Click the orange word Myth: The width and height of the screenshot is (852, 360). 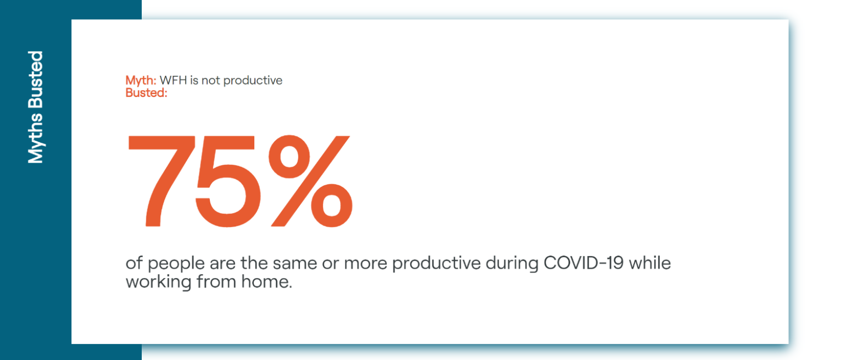pyautogui.click(x=141, y=81)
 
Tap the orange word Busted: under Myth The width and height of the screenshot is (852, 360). pyautogui.click(x=147, y=93)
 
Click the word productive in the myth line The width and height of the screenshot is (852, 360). pyautogui.click(x=253, y=81)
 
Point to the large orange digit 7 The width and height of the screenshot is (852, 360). pyautogui.click(x=162, y=181)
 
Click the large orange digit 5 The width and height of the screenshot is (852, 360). pyautogui.click(x=227, y=181)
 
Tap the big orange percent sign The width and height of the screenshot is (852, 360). pyautogui.click(x=311, y=181)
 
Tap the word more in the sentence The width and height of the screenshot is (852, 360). pyautogui.click(x=365, y=263)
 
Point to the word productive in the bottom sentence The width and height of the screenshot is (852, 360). pyautogui.click(x=436, y=264)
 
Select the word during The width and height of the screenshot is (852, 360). pyautogui.click(x=512, y=264)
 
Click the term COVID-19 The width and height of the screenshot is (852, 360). pyautogui.click(x=583, y=263)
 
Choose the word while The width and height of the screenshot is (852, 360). pyautogui.click(x=650, y=263)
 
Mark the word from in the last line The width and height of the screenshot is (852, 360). pyautogui.click(x=216, y=282)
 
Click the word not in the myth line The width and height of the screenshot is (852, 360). pyautogui.click(x=211, y=81)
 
